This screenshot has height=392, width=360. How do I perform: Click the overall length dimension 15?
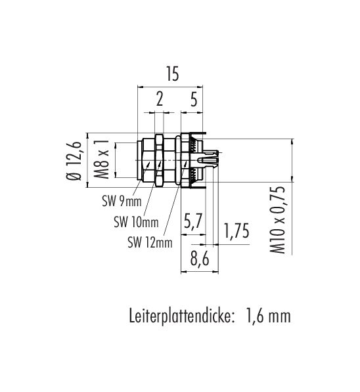pyautogui.click(x=173, y=74)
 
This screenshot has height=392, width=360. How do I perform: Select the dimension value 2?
pyautogui.click(x=160, y=99)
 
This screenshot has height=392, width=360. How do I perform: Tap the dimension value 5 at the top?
pyautogui.click(x=194, y=99)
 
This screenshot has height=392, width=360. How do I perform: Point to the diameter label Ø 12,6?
pyautogui.click(x=74, y=161)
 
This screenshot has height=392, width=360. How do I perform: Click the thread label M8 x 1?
pyautogui.click(x=102, y=160)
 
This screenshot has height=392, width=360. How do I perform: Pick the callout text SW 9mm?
pyautogui.click(x=122, y=201)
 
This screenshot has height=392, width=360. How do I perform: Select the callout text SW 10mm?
pyautogui.click(x=137, y=222)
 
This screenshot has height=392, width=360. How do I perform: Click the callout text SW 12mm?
pyautogui.click(x=150, y=242)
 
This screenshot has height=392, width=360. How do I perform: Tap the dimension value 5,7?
pyautogui.click(x=192, y=221)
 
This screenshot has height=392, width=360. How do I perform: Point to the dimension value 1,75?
pyautogui.click(x=236, y=230)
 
